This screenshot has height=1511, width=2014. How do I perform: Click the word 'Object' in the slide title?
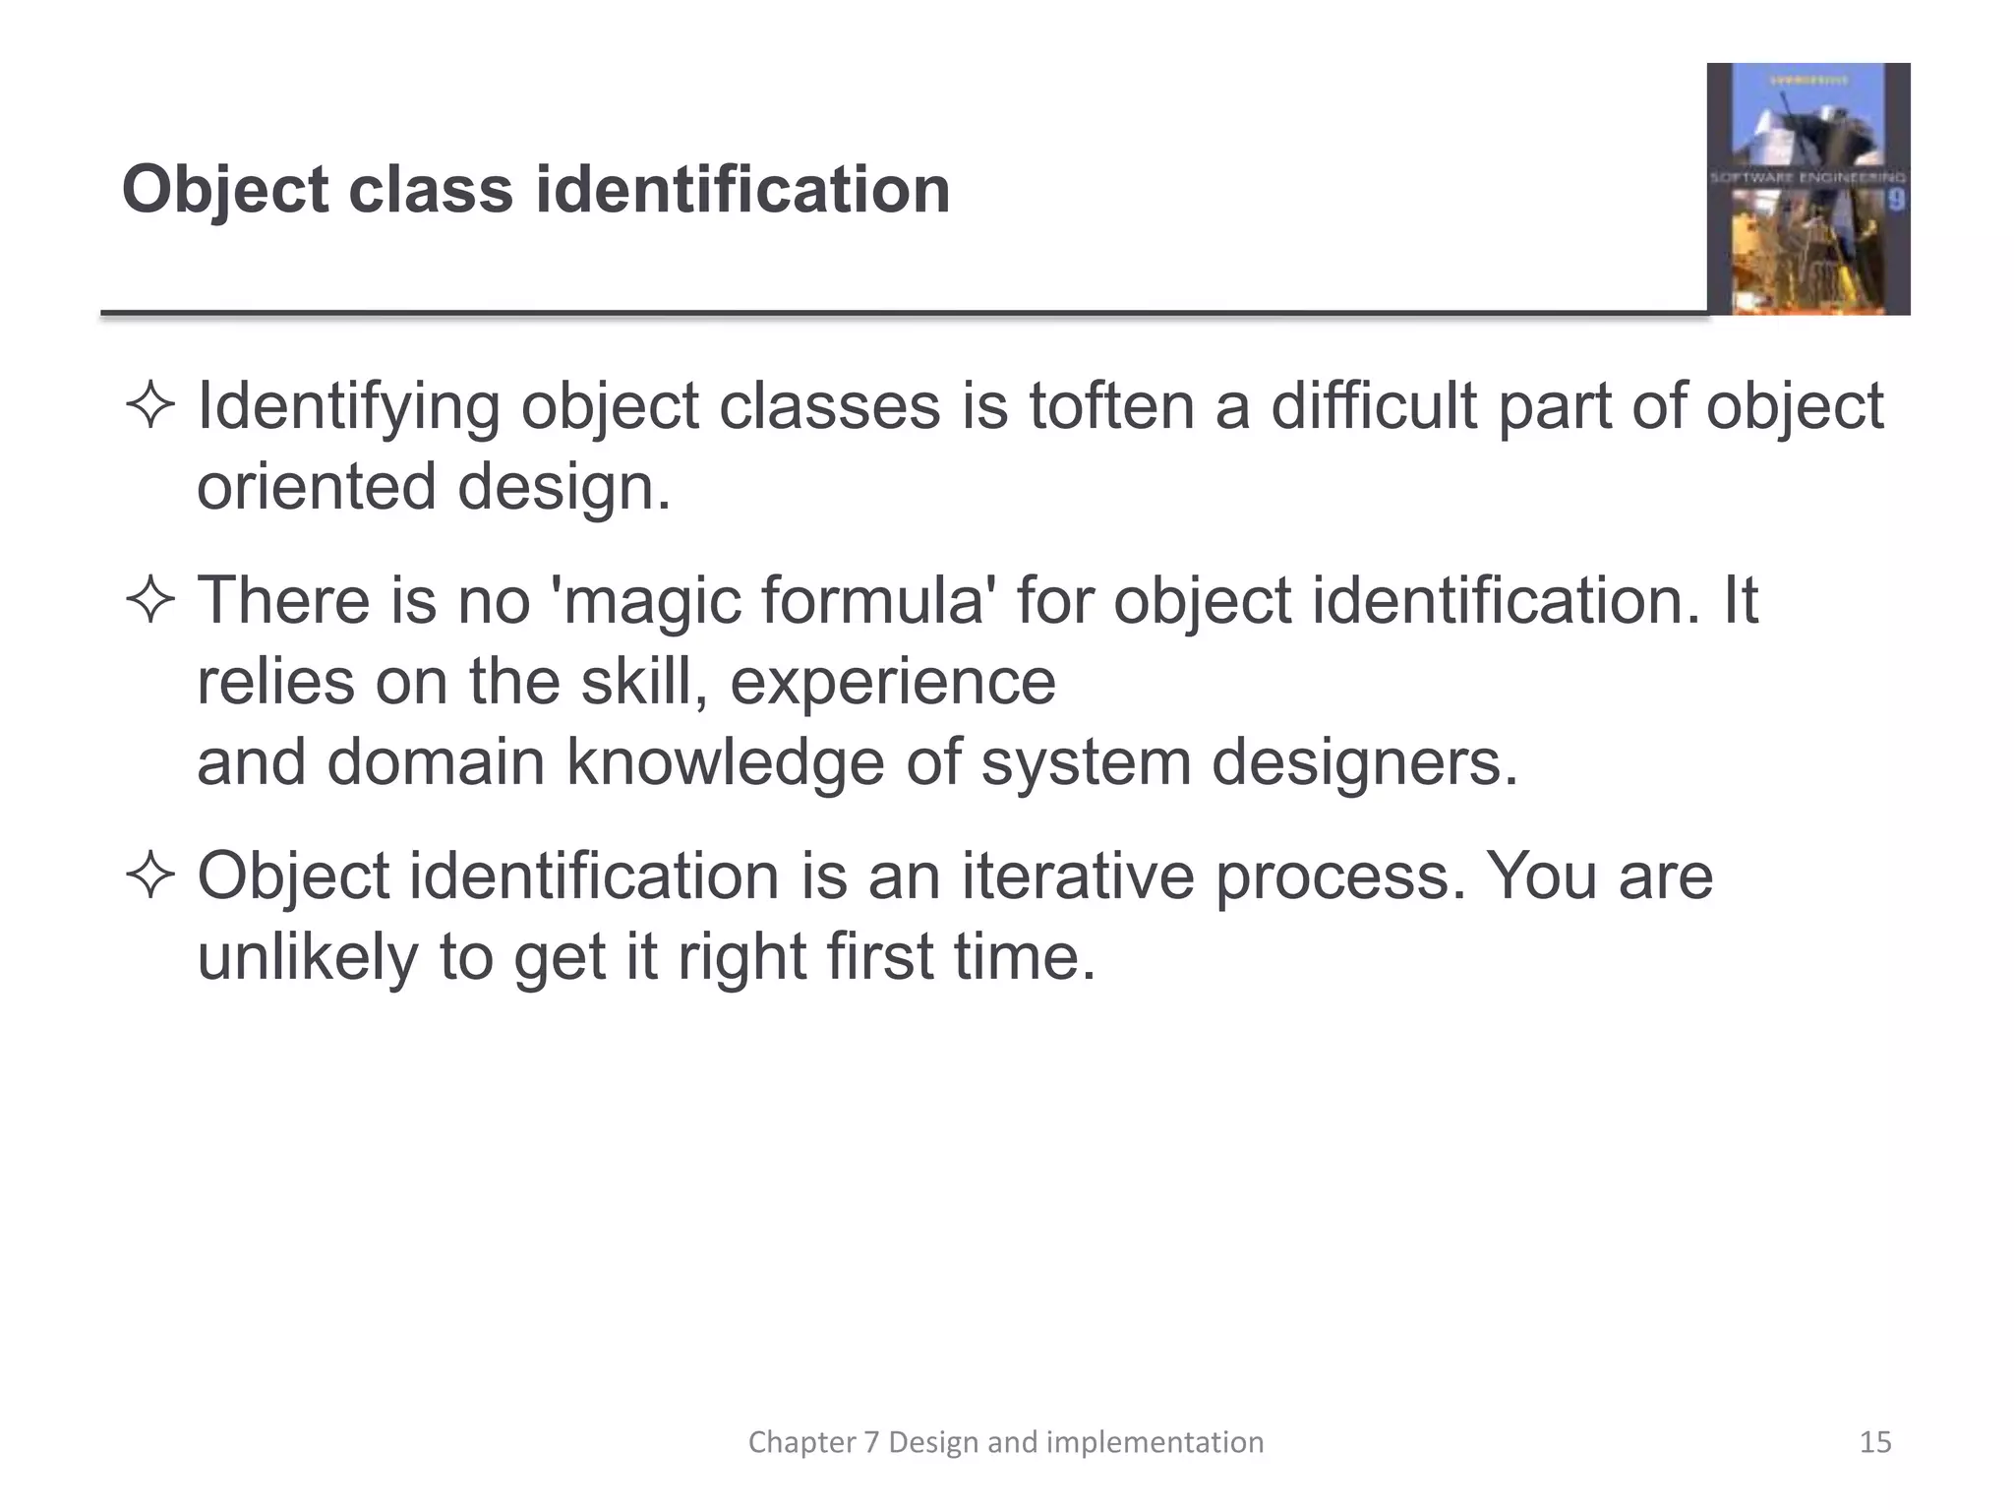(224, 190)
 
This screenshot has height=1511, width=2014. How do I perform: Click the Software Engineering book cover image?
(1807, 189)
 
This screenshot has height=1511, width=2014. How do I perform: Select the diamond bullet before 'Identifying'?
(150, 407)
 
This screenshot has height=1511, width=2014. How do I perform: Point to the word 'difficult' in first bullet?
(1374, 407)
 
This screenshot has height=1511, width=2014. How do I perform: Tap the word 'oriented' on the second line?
(316, 488)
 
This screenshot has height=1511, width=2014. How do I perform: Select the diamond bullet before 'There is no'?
(150, 600)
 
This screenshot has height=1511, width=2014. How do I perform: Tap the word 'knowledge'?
(725, 763)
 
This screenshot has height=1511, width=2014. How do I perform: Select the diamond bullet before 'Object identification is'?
(150, 876)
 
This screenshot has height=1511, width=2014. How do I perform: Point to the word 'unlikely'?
(307, 956)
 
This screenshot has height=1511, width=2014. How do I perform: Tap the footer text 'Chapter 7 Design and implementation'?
(1006, 1442)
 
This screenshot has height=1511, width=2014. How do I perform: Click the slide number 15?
(1875, 1442)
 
